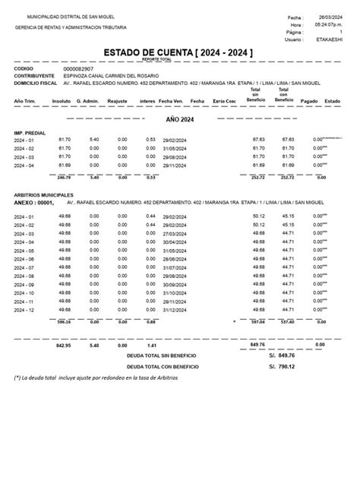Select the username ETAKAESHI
(x=327, y=40)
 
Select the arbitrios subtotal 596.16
(x=64, y=321)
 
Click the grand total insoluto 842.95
(x=64, y=344)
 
